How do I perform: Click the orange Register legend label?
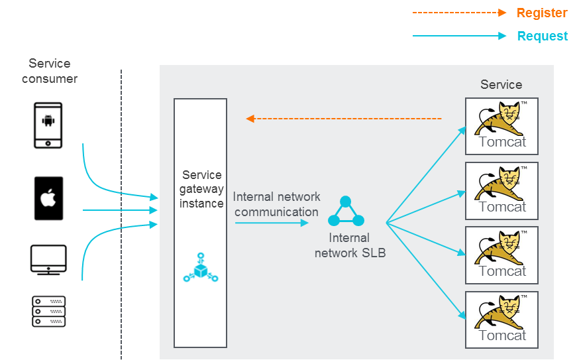pos(541,13)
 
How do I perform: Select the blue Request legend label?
pos(542,36)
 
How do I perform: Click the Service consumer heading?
pos(50,71)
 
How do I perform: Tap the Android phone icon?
pos(48,125)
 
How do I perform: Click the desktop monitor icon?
pos(48,260)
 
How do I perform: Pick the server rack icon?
pos(48,310)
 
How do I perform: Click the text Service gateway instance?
pos(201,189)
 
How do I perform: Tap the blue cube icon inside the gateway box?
pos(200,267)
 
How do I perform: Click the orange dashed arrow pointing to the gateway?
pos(344,119)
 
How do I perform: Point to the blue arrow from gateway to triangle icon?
pos(272,223)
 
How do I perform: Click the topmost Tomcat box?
pos(501,126)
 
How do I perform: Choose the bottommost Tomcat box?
pos(501,320)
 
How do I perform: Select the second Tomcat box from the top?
pos(501,190)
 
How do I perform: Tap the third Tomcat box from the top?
pos(501,255)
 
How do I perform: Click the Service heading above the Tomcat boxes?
pos(501,85)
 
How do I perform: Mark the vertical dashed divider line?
pos(121,212)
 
